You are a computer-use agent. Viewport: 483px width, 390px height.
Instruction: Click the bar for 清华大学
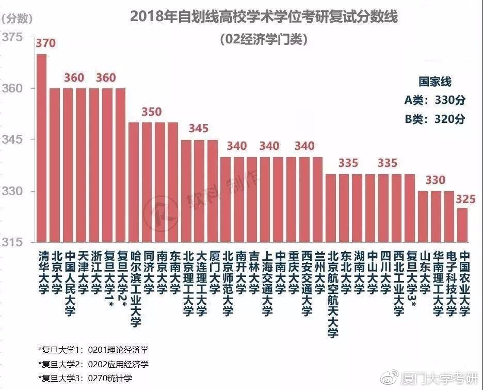[42, 148]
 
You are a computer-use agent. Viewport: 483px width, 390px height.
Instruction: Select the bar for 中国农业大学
[462, 225]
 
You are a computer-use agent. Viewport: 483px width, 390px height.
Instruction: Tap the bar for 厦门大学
[213, 191]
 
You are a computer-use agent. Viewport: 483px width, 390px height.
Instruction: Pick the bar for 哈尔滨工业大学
[134, 182]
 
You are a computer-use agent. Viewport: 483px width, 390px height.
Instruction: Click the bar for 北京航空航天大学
[331, 208]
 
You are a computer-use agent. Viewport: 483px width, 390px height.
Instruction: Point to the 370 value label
[45, 43]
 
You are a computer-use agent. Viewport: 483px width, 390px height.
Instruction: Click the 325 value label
[466, 199]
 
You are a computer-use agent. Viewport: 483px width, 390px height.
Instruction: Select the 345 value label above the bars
[199, 128]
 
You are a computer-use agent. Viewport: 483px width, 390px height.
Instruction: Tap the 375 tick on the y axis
[12, 37]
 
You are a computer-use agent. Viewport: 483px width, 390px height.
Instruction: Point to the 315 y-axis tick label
[12, 242]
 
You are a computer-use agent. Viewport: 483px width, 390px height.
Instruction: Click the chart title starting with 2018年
[264, 17]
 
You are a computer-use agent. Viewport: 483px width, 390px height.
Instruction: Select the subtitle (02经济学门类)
[264, 39]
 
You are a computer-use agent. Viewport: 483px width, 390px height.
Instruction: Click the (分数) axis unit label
[17, 19]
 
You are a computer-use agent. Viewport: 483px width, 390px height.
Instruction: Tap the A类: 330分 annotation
[434, 100]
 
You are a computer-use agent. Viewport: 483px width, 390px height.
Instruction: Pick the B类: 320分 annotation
[434, 119]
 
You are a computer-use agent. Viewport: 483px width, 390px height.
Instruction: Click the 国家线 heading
[435, 82]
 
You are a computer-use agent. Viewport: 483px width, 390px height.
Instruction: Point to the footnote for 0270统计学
[85, 378]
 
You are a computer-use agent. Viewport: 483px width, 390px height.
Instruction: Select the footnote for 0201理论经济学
[93, 350]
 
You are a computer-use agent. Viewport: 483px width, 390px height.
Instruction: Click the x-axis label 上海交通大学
[267, 284]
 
